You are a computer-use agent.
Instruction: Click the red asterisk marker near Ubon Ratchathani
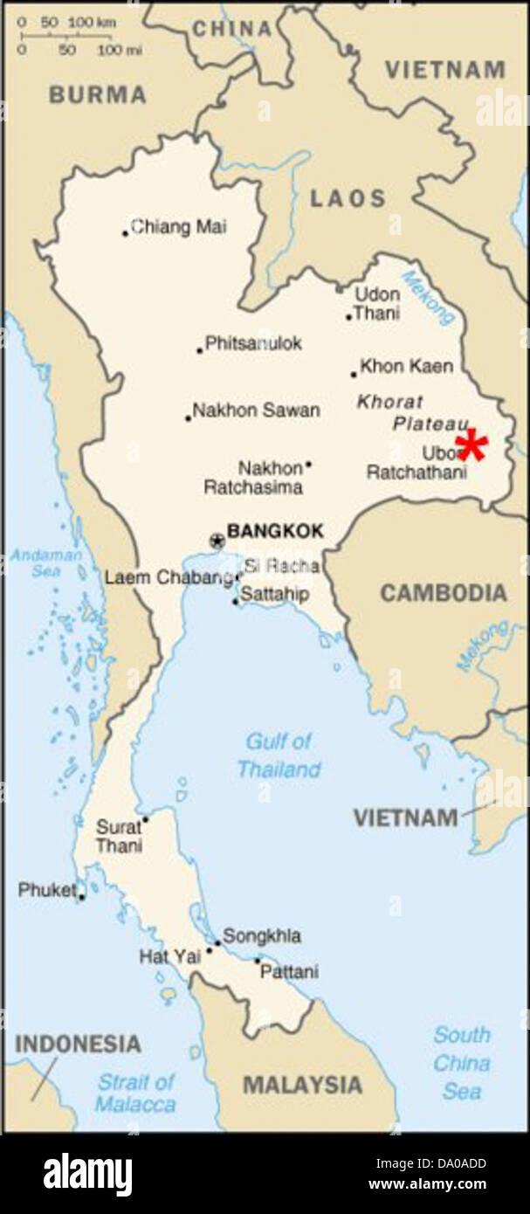pyautogui.click(x=472, y=445)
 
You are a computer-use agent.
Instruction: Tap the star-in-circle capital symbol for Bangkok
pyautogui.click(x=217, y=541)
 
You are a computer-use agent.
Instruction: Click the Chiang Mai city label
pyautogui.click(x=178, y=227)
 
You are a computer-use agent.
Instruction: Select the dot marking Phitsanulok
pyautogui.click(x=200, y=351)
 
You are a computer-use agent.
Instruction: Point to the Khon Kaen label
pyautogui.click(x=406, y=367)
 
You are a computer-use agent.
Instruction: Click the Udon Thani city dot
pyautogui.click(x=348, y=317)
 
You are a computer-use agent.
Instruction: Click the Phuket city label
pyautogui.click(x=46, y=890)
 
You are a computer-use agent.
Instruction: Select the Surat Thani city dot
pyautogui.click(x=146, y=818)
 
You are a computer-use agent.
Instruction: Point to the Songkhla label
pyautogui.click(x=262, y=936)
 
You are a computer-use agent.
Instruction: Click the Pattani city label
pyautogui.click(x=291, y=971)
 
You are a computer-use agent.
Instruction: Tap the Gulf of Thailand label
pyautogui.click(x=279, y=755)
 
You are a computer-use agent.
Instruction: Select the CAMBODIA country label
pyautogui.click(x=443, y=593)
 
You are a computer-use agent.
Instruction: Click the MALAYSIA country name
pyautogui.click(x=301, y=1085)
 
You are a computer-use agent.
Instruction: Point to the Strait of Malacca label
pyautogui.click(x=135, y=1093)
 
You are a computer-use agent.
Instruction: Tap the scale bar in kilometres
pyautogui.click(x=65, y=35)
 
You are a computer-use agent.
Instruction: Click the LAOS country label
pyautogui.click(x=348, y=198)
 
